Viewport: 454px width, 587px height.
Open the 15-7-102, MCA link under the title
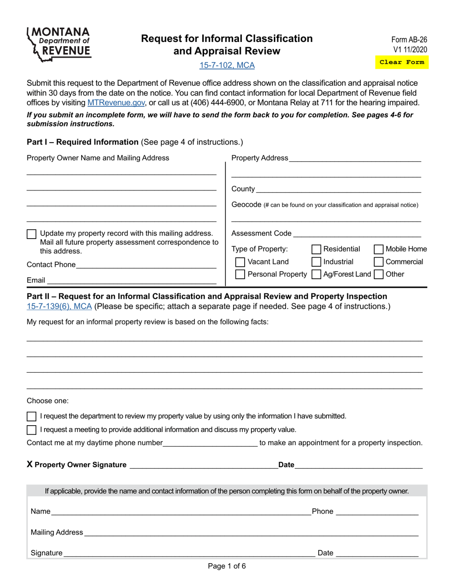(227, 65)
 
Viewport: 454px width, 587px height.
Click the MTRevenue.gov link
(116, 103)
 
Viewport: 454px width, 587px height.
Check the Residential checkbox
(316, 249)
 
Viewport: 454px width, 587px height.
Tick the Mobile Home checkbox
(378, 249)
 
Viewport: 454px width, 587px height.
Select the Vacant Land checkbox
(240, 262)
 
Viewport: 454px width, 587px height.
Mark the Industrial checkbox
(316, 262)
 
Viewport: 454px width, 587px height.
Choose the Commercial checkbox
(378, 262)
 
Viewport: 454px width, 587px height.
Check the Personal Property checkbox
(240, 274)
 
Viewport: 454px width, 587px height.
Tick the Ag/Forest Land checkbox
(316, 274)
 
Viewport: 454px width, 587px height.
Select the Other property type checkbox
(378, 274)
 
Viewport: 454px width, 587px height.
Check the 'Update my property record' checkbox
(32, 234)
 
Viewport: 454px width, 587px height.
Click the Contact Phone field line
(146, 265)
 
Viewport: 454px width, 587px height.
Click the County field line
(338, 189)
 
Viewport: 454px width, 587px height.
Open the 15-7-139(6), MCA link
(60, 306)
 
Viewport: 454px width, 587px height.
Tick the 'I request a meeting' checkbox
(32, 430)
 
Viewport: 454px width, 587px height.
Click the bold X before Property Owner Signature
(30, 465)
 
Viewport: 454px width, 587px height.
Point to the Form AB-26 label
(409, 41)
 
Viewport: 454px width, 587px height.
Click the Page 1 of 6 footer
(227, 566)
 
